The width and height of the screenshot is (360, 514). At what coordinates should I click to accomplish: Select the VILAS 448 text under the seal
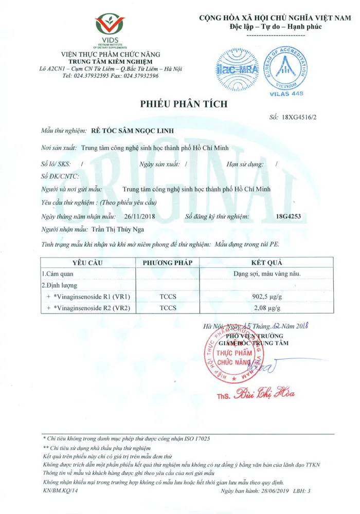286,94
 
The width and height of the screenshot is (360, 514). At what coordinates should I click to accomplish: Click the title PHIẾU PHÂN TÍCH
184,104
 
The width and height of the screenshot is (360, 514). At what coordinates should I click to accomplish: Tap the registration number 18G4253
289,216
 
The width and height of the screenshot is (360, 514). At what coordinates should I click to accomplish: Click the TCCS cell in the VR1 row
168,297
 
